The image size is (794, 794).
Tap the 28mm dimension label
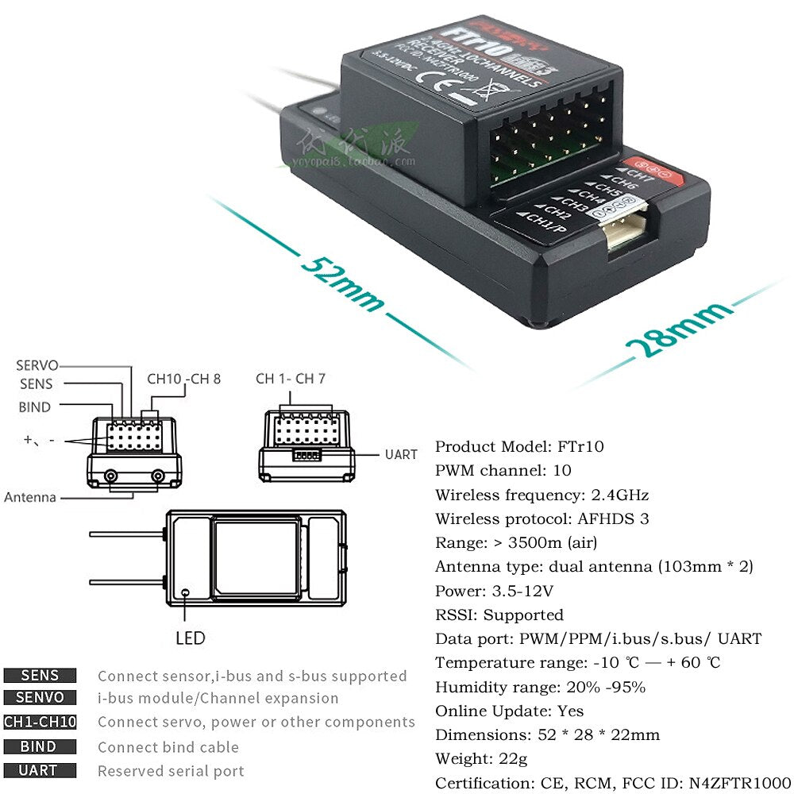click(x=679, y=330)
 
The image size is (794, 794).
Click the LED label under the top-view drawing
click(x=190, y=638)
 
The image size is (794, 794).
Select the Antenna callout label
click(x=30, y=497)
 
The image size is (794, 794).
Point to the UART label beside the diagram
click(x=401, y=454)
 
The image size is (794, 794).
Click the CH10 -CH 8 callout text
click(x=184, y=379)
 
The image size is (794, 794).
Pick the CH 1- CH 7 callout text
click(x=291, y=379)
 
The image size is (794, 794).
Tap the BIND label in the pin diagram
click(x=34, y=407)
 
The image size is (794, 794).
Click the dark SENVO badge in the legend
click(x=40, y=698)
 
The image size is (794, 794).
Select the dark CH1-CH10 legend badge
click(x=40, y=722)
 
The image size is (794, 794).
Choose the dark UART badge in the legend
click(x=40, y=770)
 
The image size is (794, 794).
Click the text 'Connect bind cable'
click(x=168, y=747)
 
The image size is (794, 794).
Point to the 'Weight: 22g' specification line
click(x=481, y=758)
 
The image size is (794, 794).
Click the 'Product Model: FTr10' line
click(x=519, y=446)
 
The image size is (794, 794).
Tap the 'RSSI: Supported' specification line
click(x=499, y=615)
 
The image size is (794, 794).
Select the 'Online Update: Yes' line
click(x=509, y=711)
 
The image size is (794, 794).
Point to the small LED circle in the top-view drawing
click(x=185, y=592)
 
